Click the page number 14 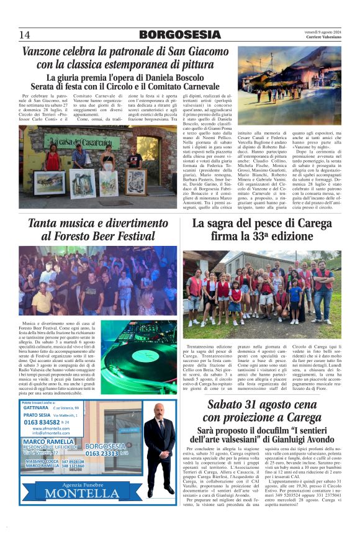tap(25, 34)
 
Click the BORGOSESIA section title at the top tap(179, 35)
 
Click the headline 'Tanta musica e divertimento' tap(99, 224)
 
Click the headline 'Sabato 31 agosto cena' tap(268, 405)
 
